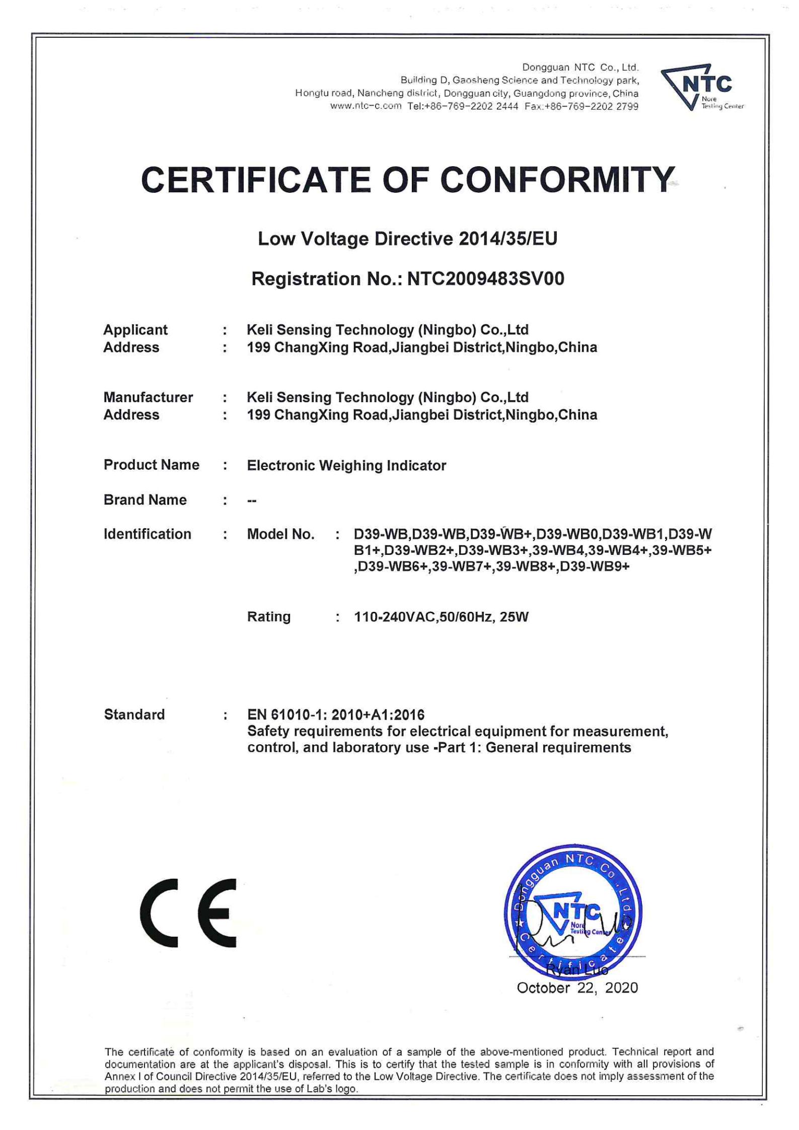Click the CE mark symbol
(x=188, y=912)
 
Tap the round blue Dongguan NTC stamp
(x=573, y=912)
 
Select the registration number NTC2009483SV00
(x=485, y=278)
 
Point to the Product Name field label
(x=151, y=464)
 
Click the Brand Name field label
(x=145, y=500)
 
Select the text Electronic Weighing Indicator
(x=346, y=465)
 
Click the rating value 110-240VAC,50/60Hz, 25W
(x=441, y=617)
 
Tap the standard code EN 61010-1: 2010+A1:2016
(x=336, y=715)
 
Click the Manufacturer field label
(x=148, y=397)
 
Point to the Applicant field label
(x=135, y=329)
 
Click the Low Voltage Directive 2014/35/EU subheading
(x=407, y=239)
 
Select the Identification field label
(x=147, y=534)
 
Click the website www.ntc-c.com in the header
(x=366, y=106)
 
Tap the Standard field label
(x=134, y=714)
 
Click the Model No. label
(x=280, y=534)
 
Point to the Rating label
(x=268, y=616)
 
